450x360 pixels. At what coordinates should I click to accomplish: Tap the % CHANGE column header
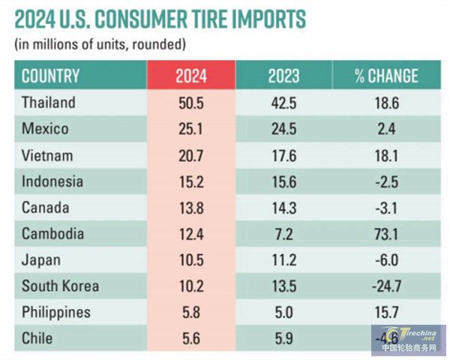pyautogui.click(x=386, y=76)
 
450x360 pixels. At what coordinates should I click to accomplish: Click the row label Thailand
pyautogui.click(x=49, y=102)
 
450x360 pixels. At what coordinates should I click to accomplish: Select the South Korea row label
pyautogui.click(x=60, y=286)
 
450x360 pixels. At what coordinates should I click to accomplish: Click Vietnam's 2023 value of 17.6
pyautogui.click(x=283, y=154)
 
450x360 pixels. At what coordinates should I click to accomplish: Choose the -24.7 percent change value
pyautogui.click(x=386, y=286)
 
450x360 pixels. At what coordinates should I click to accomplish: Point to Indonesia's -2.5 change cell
pyautogui.click(x=386, y=181)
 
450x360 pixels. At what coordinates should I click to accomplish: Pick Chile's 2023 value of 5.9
pyautogui.click(x=283, y=338)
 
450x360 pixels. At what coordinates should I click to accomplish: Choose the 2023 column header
pyautogui.click(x=283, y=76)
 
